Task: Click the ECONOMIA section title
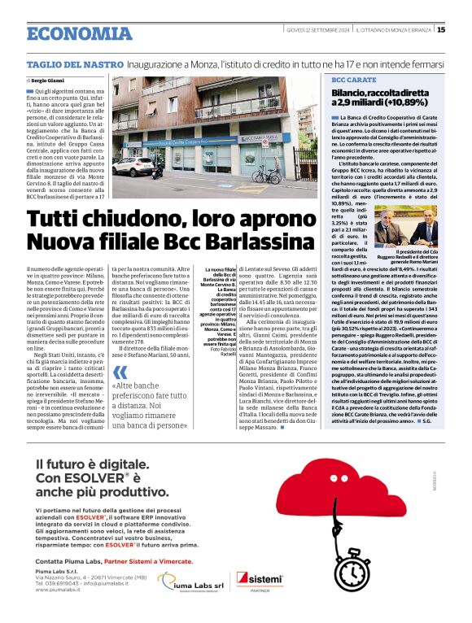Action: [x=79, y=33]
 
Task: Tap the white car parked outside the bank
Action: [x=138, y=167]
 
